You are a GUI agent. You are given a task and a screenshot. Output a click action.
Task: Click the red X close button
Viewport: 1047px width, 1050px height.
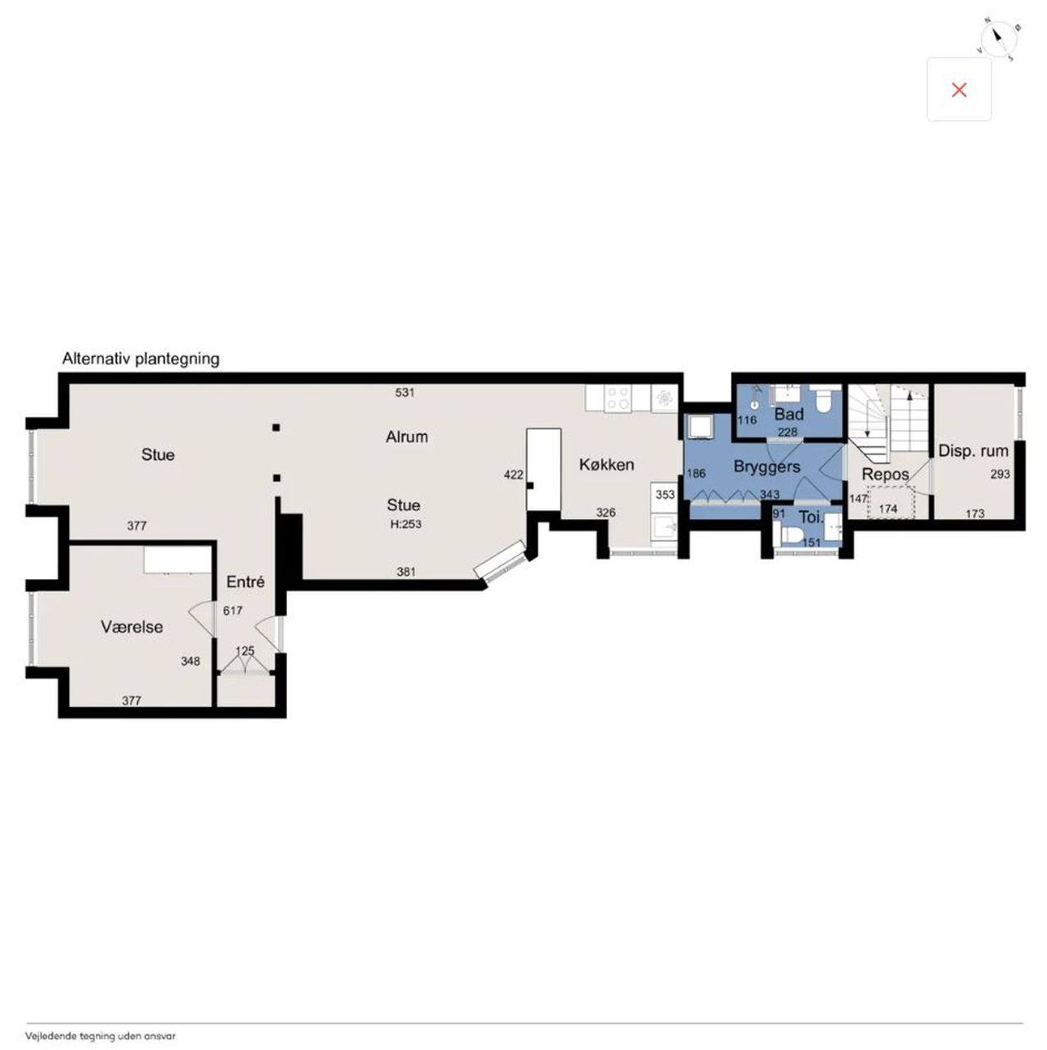[958, 90]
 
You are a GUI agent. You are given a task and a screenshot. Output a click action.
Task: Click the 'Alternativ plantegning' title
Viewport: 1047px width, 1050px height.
[140, 359]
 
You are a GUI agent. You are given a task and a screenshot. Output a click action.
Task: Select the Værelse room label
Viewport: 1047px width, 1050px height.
[132, 627]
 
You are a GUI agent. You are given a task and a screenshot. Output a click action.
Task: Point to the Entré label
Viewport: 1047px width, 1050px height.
[245, 582]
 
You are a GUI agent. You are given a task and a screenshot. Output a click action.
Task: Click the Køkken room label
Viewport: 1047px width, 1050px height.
[606, 465]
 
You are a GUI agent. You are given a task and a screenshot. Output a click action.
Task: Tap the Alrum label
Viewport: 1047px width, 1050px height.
[407, 436]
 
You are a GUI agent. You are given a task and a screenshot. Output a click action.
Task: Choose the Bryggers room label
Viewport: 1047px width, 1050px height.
[767, 467]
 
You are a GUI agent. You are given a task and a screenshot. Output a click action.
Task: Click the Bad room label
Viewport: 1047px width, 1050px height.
[789, 414]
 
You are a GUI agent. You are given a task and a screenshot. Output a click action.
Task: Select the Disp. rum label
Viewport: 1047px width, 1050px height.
[973, 451]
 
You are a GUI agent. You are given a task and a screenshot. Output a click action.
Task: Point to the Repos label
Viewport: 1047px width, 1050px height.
[885, 475]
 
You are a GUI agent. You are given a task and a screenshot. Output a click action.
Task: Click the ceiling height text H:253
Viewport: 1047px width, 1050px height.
[406, 524]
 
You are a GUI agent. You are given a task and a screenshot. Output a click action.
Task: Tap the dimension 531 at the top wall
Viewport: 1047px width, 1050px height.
[405, 392]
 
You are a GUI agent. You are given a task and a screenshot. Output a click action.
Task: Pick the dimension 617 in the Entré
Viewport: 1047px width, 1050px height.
[233, 611]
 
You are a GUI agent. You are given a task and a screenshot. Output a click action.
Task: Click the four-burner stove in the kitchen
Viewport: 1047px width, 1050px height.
[618, 399]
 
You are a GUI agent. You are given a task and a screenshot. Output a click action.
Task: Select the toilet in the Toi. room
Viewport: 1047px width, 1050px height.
[790, 536]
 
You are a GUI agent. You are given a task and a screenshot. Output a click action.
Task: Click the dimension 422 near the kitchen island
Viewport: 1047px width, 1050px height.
[513, 475]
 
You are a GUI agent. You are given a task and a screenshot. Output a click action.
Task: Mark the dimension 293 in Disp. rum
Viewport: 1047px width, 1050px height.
[1000, 474]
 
